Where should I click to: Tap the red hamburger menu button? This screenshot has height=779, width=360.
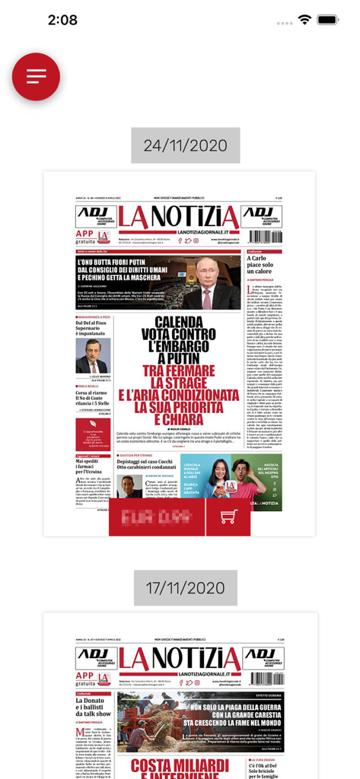pyautogui.click(x=36, y=77)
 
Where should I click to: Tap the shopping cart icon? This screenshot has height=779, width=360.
pyautogui.click(x=228, y=517)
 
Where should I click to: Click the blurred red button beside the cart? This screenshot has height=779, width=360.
pyautogui.click(x=157, y=517)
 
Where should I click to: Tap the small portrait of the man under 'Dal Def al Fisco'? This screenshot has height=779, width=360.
pyautogui.click(x=92, y=355)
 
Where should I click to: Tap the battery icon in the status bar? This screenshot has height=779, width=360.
pyautogui.click(x=328, y=20)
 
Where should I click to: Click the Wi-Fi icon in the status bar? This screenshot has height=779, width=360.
pyautogui.click(x=305, y=20)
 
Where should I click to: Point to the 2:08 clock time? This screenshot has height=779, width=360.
pyautogui.click(x=62, y=20)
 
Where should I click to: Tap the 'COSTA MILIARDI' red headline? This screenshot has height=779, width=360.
pyautogui.click(x=179, y=765)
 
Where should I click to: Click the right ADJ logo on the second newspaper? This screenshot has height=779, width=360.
pyautogui.click(x=261, y=657)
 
